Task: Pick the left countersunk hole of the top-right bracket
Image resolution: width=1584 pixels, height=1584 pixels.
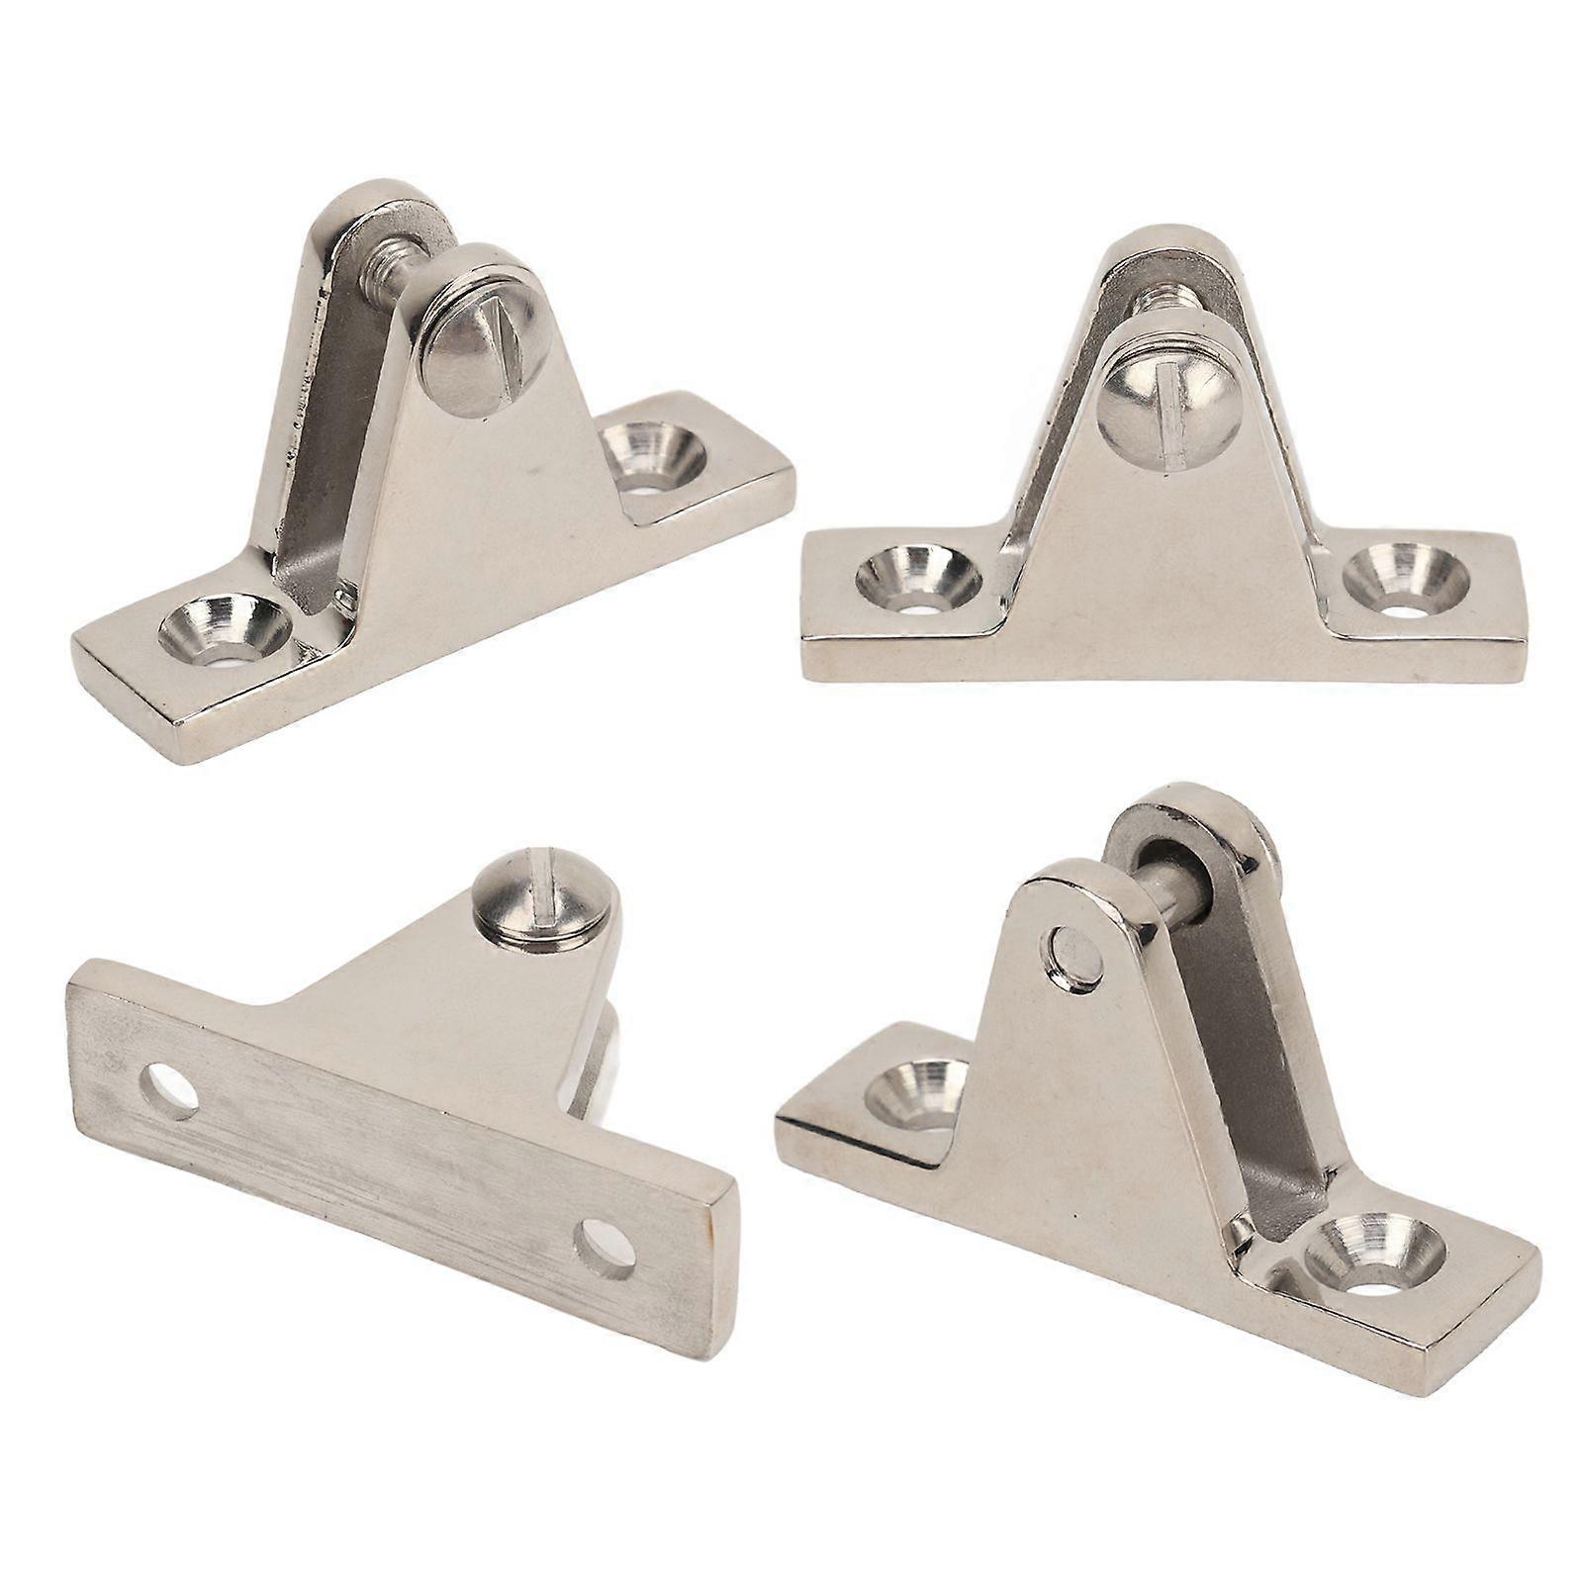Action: (918, 580)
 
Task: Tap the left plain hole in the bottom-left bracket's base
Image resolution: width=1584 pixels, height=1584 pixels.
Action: (169, 1088)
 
